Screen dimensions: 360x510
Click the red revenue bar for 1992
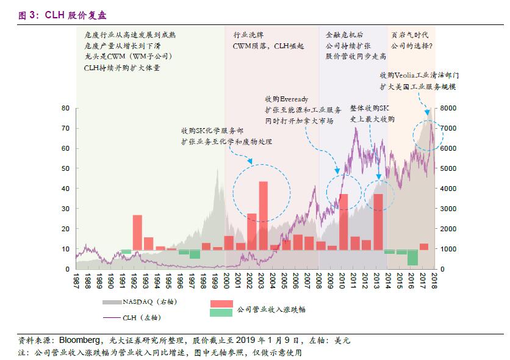pyautogui.click(x=137, y=232)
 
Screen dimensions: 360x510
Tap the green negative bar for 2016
pyautogui.click(x=413, y=257)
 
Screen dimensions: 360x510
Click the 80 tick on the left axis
pyautogui.click(x=65, y=108)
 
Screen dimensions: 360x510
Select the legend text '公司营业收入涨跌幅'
pyautogui.click(x=271, y=309)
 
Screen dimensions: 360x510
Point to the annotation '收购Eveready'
pyautogui.click(x=286, y=99)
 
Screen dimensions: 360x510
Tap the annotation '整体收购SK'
pyautogui.click(x=368, y=107)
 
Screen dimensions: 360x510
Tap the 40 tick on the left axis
pyautogui.click(x=65, y=189)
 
